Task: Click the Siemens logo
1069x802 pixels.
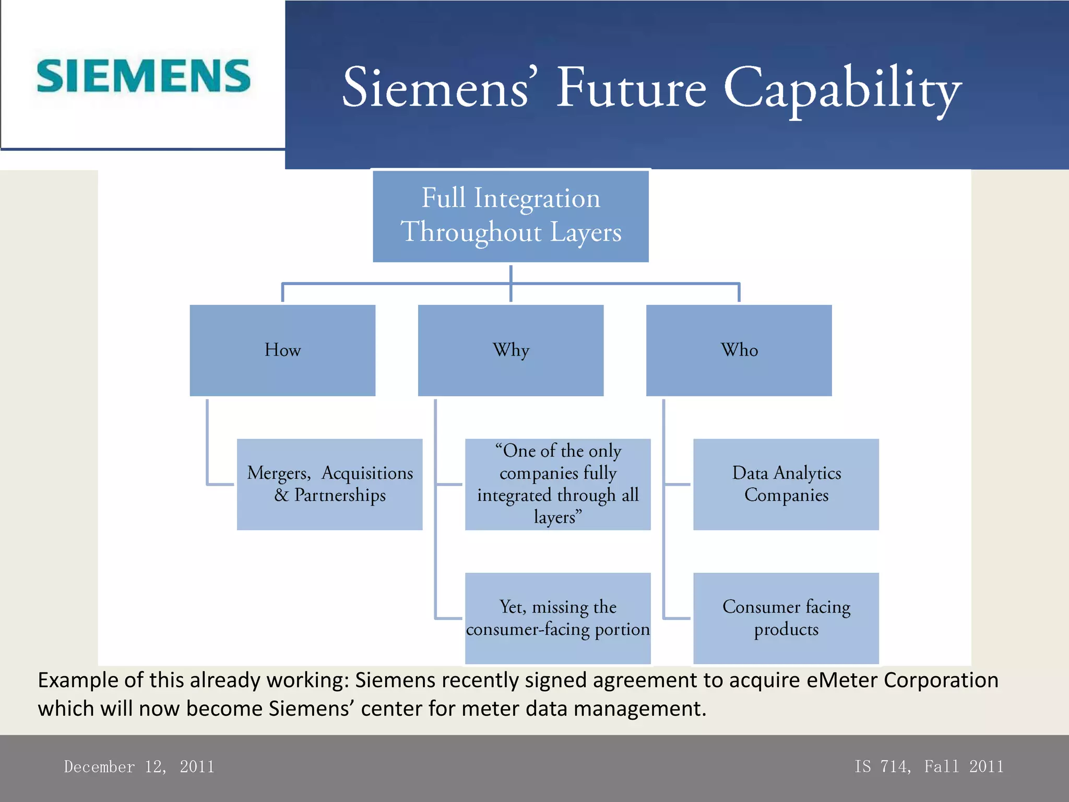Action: click(144, 76)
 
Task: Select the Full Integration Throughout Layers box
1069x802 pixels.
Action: click(510, 216)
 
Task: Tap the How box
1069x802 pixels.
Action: click(282, 350)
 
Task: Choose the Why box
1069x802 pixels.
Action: click(510, 350)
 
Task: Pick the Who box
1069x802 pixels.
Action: click(739, 350)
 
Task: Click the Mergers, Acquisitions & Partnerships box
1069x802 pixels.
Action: click(329, 484)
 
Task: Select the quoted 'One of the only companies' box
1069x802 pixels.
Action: click(557, 484)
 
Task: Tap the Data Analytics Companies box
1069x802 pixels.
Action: click(786, 484)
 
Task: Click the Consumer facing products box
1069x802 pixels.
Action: click(786, 618)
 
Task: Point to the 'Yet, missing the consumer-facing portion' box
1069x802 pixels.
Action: click(557, 618)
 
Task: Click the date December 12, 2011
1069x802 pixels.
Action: click(139, 766)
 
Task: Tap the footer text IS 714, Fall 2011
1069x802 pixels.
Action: click(929, 766)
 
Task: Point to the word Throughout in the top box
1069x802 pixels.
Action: click(471, 232)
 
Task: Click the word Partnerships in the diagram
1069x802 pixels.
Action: click(340, 496)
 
